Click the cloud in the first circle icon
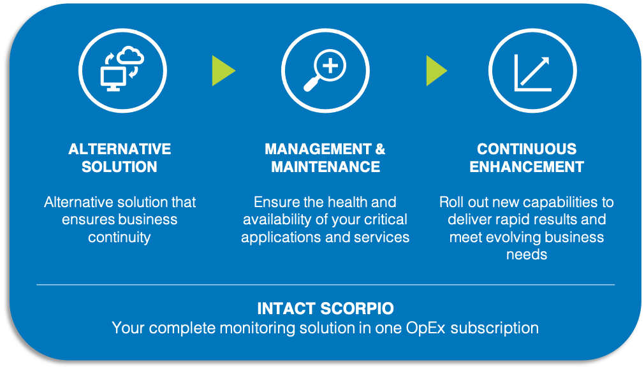pos(130,56)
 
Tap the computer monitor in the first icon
pos(113,79)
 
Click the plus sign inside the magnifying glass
pos(331,65)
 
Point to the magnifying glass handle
pos(311,85)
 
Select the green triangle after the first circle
pos(223,71)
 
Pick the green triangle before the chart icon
pos(437,71)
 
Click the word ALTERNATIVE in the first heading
pos(119,149)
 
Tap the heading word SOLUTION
pos(119,167)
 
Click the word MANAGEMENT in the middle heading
pos(318,149)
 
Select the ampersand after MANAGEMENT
pos(380,149)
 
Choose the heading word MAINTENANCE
pos(325,167)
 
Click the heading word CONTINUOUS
pos(527,149)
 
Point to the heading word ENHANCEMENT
pos(527,167)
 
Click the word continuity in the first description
pos(119,237)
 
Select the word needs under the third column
pos(527,254)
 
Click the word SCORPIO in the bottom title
pos(357,308)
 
